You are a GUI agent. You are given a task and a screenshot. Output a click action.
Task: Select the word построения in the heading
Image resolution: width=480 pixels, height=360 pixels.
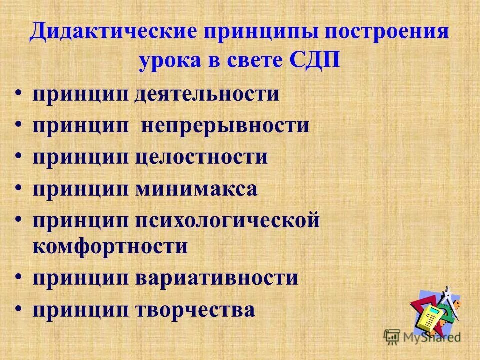pos(387,33)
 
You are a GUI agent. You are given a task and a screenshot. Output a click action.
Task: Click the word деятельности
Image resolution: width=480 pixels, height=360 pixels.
pos(207,94)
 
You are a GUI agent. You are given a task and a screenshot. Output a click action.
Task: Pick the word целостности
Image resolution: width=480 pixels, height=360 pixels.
pos(201,157)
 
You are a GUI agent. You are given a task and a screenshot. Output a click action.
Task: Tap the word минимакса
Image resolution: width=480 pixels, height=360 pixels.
pos(196,189)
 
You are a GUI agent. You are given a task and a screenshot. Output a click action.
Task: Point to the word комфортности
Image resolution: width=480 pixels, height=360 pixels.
pos(110,247)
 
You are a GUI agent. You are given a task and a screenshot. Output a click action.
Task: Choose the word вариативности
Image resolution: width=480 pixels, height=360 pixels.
pos(216,278)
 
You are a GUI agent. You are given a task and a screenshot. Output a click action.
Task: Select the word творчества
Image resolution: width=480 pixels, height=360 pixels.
pos(195,310)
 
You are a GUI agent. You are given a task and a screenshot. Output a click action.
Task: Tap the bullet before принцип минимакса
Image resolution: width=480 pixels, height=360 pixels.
pos(18,189)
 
